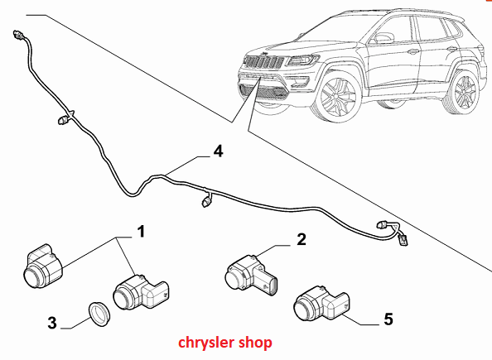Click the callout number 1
pyautogui.click(x=142, y=232)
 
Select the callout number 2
pyautogui.click(x=301, y=239)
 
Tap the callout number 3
pyautogui.click(x=52, y=323)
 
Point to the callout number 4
pyautogui.click(x=218, y=151)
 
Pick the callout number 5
pyautogui.click(x=388, y=319)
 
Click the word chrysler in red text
pyautogui.click(x=206, y=343)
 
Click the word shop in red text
pyautogui.click(x=255, y=343)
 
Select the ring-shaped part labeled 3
pyautogui.click(x=99, y=314)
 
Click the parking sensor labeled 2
pyautogui.click(x=251, y=276)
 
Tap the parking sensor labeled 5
pyautogui.click(x=321, y=303)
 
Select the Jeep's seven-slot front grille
pyautogui.click(x=264, y=62)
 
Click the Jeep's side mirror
pyautogui.click(x=382, y=38)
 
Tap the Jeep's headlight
pyautogui.click(x=302, y=60)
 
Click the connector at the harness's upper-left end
pyautogui.click(x=17, y=35)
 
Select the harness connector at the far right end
pyautogui.click(x=403, y=241)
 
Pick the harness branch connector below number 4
pyautogui.click(x=206, y=201)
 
